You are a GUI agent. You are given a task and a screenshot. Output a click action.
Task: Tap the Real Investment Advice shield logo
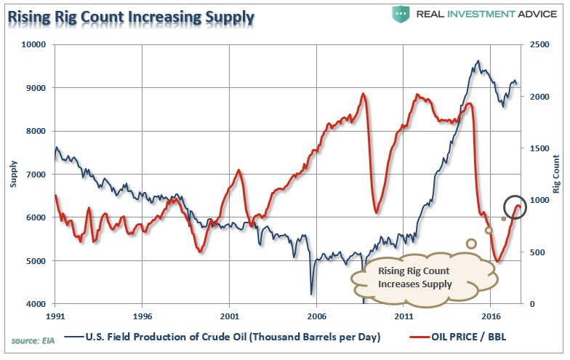click(401, 13)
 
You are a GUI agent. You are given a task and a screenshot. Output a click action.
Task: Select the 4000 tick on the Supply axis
click(36, 304)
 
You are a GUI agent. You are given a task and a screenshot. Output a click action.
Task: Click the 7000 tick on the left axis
click(36, 175)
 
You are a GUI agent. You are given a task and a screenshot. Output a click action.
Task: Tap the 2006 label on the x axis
click(316, 317)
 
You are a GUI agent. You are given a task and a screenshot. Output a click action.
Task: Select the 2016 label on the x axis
click(490, 317)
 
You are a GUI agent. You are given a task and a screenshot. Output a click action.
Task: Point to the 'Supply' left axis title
click(14, 175)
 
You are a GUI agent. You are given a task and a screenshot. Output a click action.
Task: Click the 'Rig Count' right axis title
click(555, 175)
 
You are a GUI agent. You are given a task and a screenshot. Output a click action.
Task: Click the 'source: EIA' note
click(31, 340)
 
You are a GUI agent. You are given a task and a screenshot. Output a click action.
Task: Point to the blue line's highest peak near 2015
click(478, 61)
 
